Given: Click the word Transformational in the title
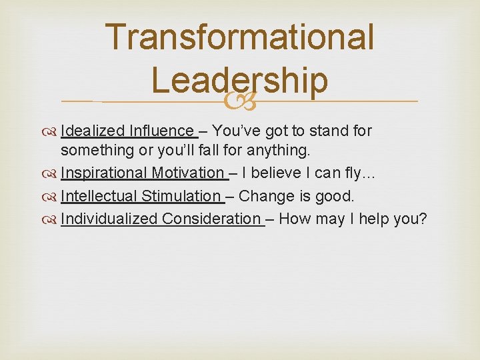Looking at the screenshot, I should tap(240, 37).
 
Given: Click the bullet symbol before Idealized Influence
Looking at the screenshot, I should tap(52, 131).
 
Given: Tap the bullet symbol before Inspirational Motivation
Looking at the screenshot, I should tap(52, 174).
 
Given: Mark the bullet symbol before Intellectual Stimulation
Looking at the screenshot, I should tap(52, 197).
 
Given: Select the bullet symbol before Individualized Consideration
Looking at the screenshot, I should tap(52, 219).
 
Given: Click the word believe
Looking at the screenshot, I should tap(273, 173).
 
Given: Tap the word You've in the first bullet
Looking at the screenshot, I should tap(237, 131).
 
